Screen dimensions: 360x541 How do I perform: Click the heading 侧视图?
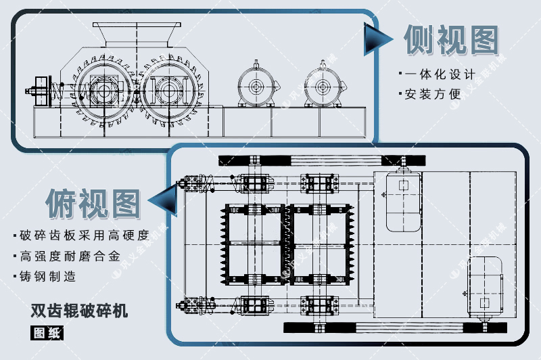[451, 41]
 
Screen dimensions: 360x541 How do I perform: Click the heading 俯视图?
[93, 201]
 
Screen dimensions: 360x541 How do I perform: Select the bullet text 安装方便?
[433, 94]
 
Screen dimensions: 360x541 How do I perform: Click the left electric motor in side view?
[257, 87]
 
